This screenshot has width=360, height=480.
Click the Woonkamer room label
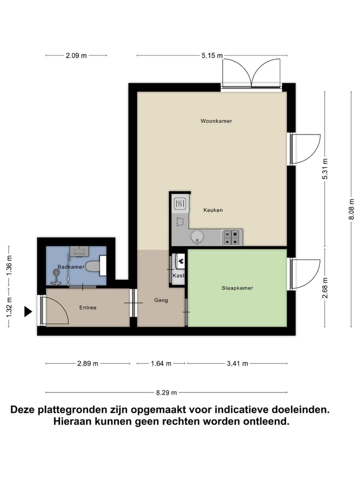click(216, 121)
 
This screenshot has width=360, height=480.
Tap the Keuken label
click(213, 210)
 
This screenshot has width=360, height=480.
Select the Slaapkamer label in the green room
click(237, 288)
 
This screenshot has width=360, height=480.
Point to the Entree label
click(87, 307)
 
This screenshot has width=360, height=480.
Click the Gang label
click(160, 300)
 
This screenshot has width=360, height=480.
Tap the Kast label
click(178, 275)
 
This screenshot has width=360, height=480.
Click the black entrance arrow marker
click(28, 312)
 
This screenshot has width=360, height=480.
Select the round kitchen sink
click(196, 236)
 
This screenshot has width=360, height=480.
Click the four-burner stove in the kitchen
click(232, 236)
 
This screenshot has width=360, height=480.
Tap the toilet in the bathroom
click(93, 267)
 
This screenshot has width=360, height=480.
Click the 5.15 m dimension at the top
click(212, 56)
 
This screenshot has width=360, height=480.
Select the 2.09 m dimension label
click(76, 56)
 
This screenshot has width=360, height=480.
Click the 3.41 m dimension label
click(237, 363)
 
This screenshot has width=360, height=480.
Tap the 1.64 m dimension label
click(160, 363)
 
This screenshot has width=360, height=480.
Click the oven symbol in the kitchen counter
click(180, 203)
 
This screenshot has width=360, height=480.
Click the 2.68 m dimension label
click(325, 288)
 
